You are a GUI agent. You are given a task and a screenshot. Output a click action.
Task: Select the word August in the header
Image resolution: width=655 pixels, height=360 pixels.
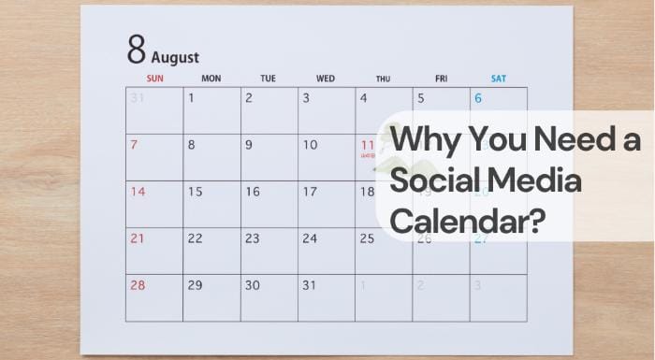tap(175, 58)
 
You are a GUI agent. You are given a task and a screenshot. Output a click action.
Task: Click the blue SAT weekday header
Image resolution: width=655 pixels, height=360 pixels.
tap(498, 79)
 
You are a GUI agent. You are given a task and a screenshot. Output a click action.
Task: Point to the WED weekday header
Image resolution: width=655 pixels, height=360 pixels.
tap(326, 79)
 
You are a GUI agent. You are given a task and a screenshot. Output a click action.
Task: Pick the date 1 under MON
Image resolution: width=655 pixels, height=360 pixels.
tap(192, 97)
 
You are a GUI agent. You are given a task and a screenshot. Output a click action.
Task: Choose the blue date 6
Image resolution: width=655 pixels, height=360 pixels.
tap(477, 98)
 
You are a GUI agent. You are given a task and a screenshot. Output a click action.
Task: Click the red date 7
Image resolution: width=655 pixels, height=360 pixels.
tap(135, 145)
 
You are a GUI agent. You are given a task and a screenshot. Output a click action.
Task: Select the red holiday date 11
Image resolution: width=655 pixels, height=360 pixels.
tap(367, 145)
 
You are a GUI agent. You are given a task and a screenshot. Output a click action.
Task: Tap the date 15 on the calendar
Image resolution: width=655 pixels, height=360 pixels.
tap(195, 192)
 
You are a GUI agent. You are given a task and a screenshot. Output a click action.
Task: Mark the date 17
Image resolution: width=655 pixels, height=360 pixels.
tap(310, 192)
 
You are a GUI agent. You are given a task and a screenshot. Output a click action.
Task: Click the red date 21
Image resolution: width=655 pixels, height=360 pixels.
tap(138, 238)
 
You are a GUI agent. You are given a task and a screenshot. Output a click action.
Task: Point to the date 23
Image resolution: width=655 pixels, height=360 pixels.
tap(253, 238)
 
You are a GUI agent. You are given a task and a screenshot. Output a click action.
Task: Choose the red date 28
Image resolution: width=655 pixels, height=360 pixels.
tap(138, 285)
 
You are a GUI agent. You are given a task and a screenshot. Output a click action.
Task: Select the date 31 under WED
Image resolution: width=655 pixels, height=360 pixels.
tap(310, 285)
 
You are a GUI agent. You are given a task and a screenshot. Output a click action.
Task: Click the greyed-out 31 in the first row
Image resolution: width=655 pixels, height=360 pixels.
tap(138, 97)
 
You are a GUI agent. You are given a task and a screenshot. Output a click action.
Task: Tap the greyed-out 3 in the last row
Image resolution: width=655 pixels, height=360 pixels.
tap(476, 285)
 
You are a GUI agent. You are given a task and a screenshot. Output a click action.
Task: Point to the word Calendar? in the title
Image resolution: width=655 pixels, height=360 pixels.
tap(468, 223)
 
